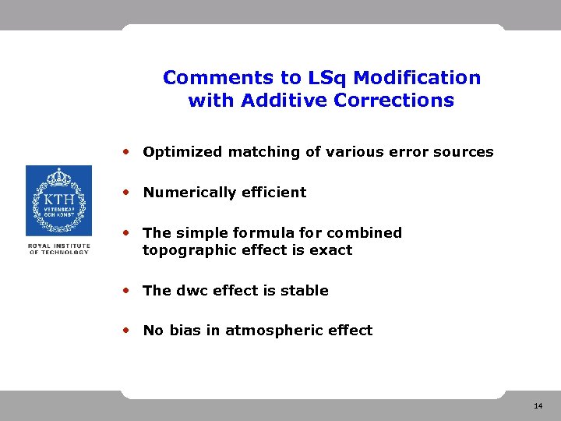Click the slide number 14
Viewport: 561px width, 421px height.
pyautogui.click(x=538, y=407)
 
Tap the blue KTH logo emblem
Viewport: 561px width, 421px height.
pyautogui.click(x=58, y=200)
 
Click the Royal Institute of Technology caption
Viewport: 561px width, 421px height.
pyautogui.click(x=58, y=249)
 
